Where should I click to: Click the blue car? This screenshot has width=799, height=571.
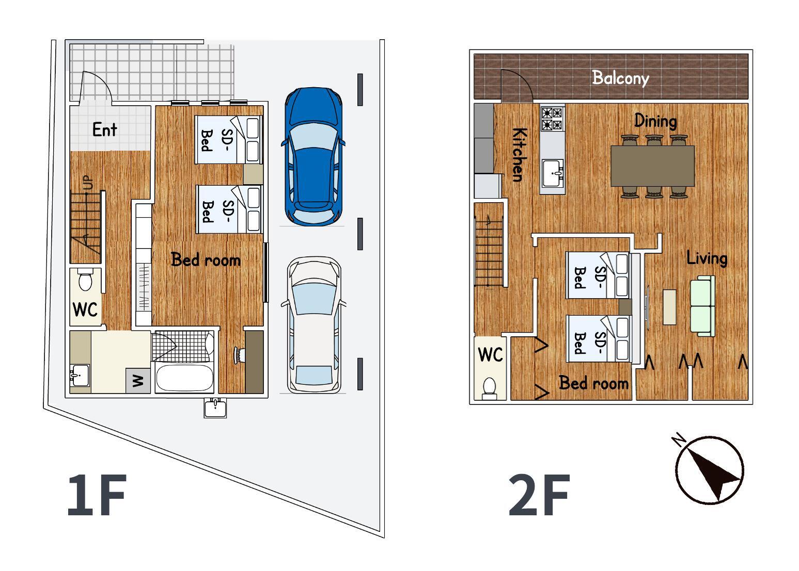tap(314, 156)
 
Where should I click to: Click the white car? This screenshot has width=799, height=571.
tap(314, 325)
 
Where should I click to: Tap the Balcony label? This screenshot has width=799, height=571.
tap(620, 78)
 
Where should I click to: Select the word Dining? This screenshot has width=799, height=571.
tap(655, 121)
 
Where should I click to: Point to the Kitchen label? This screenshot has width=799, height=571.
tap(519, 155)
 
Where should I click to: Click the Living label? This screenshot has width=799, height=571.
tap(707, 258)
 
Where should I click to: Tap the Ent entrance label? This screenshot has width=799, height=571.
tap(104, 129)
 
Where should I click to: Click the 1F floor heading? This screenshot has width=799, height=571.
tap(97, 495)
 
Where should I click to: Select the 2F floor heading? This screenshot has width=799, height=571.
tap(539, 495)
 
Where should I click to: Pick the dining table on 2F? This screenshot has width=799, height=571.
tap(653, 166)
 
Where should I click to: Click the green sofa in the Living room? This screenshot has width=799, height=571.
tap(703, 306)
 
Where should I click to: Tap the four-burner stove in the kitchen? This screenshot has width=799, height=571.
tap(552, 119)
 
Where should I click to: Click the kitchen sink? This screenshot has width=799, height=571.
tap(552, 173)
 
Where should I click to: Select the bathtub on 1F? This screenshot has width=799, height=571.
tap(185, 378)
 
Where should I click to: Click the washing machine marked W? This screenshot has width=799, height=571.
tap(138, 381)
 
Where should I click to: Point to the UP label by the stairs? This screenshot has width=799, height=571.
tap(87, 183)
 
